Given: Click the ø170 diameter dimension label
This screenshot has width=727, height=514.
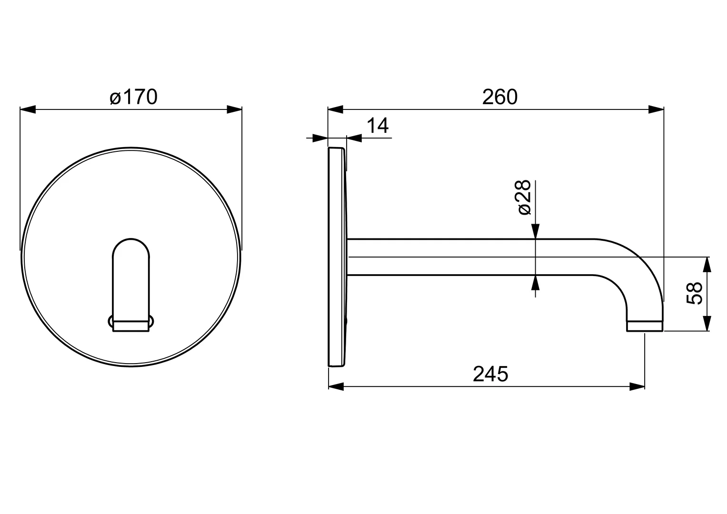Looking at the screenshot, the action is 133,97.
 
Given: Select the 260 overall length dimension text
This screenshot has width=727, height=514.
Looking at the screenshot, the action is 499,97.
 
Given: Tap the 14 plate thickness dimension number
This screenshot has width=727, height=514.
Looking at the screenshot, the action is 378,126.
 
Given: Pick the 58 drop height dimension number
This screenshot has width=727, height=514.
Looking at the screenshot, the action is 694,293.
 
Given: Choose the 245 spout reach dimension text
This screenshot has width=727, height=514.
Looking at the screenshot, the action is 490,374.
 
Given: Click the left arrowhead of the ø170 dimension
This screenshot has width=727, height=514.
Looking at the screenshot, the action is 28,109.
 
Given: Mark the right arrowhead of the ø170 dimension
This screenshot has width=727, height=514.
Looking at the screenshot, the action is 234,109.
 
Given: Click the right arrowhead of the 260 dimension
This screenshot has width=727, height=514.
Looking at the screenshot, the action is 656,109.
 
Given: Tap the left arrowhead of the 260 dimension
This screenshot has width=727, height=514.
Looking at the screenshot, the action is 336,109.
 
